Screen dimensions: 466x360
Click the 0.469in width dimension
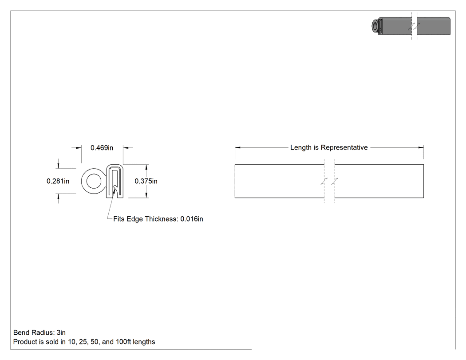pyautogui.click(x=102, y=148)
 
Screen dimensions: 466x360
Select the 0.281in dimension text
pyautogui.click(x=58, y=181)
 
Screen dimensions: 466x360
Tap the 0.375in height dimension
pyautogui.click(x=146, y=181)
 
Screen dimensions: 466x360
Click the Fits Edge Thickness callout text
pyautogui.click(x=158, y=219)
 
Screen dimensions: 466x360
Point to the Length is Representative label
pyautogui.click(x=329, y=147)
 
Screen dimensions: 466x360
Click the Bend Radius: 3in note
pyautogui.click(x=39, y=332)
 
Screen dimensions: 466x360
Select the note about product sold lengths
pyautogui.click(x=84, y=342)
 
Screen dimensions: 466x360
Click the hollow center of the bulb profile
pyautogui.click(x=94, y=182)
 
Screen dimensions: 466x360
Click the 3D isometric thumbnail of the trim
pyautogui.click(x=411, y=26)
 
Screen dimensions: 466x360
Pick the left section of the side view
pyautogui.click(x=279, y=181)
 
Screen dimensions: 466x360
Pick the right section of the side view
pyautogui.click(x=379, y=181)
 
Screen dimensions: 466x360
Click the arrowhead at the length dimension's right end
pyautogui.click(x=421, y=147)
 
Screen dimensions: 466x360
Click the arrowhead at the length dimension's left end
pyautogui.click(x=237, y=147)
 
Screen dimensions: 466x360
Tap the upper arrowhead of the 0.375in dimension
pyautogui.click(x=146, y=167)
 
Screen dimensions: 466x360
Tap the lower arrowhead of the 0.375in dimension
pyautogui.click(x=146, y=195)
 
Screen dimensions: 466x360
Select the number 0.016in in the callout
pyautogui.click(x=192, y=219)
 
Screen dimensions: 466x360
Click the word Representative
pyautogui.click(x=344, y=147)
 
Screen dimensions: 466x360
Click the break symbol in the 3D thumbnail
pyautogui.click(x=414, y=26)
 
